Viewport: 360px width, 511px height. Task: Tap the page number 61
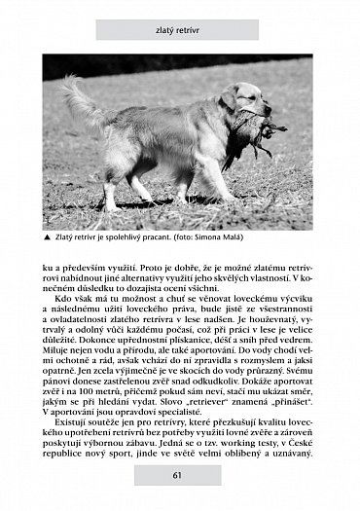178,475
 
